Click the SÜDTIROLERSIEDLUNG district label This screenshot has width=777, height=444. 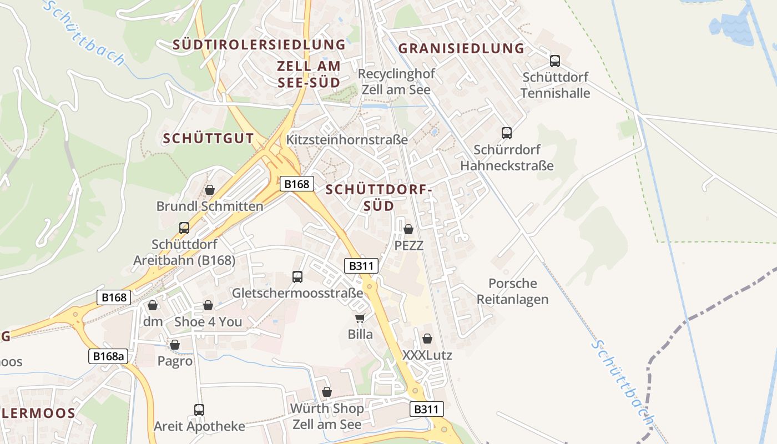point(259,44)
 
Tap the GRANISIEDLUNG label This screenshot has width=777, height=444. point(461,48)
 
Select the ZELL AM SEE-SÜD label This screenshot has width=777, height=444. point(309,74)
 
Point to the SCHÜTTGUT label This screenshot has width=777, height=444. point(208,139)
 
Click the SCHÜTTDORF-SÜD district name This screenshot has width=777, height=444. point(379,198)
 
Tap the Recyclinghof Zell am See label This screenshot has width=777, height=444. point(396,82)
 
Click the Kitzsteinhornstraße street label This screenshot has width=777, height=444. point(347,139)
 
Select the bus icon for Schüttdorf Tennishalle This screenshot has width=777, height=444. point(554,61)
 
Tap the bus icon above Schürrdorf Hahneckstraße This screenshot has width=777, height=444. point(506,133)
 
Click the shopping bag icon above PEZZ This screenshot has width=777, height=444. point(408,229)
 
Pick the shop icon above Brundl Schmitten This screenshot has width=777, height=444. point(210,190)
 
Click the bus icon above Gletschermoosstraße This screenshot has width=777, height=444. point(297,276)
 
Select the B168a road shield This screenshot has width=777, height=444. point(108,356)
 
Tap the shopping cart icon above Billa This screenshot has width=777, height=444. point(360,318)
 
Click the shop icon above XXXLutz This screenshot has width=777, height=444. point(427,339)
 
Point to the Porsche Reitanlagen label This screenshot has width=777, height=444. point(512,291)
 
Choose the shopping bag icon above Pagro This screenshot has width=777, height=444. point(175,345)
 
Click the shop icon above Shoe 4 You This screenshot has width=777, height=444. point(208,306)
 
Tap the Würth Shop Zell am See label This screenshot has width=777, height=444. point(327,416)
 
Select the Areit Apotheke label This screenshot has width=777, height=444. point(199,426)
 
